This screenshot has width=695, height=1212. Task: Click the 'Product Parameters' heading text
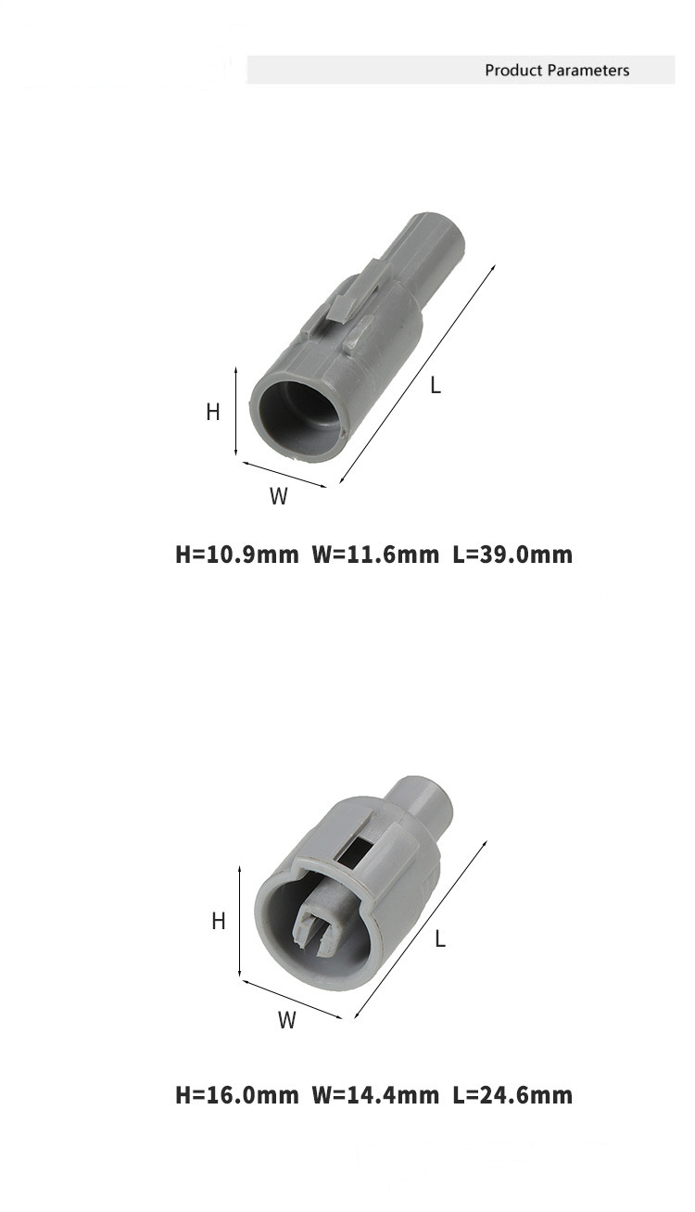[x=557, y=70]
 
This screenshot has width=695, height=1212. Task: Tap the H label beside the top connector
[x=213, y=413]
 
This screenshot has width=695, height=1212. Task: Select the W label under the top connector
[x=279, y=496]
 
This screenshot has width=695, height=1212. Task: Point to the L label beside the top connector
[x=436, y=385]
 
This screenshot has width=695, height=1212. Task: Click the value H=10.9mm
[x=237, y=555]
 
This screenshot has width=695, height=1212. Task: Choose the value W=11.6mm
[x=375, y=555]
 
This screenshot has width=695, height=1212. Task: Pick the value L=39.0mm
[x=512, y=555]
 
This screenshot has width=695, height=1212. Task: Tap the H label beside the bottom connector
[x=219, y=921]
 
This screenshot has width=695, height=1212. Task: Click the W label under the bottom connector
[x=287, y=1020]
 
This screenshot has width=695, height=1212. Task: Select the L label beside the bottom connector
[x=440, y=938]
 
